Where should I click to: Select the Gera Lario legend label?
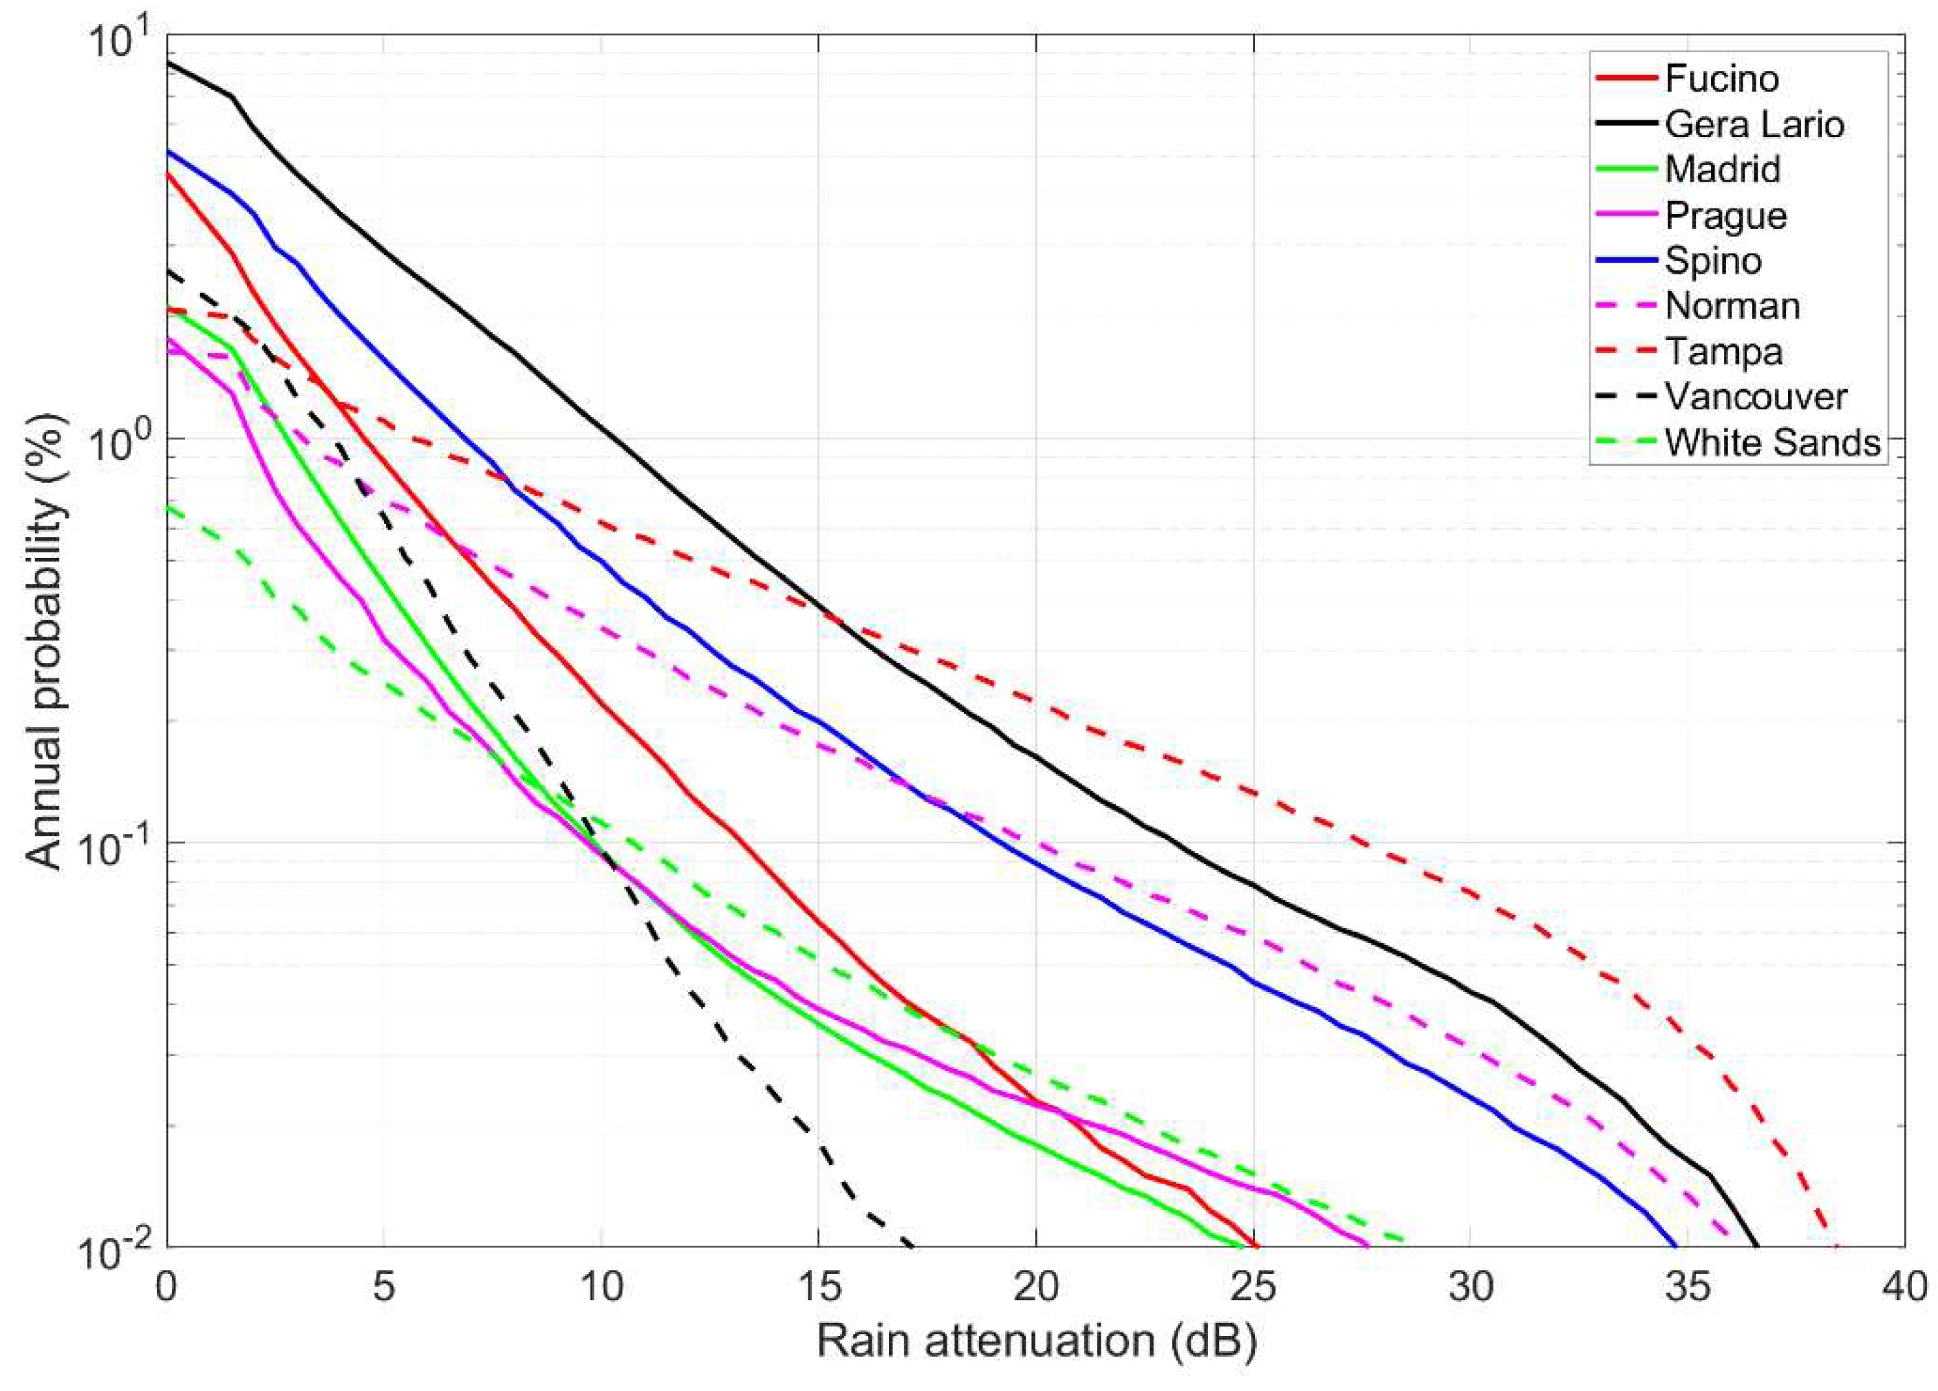pos(1754,125)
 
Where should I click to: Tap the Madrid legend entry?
pos(1722,169)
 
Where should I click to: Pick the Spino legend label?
pos(1712,261)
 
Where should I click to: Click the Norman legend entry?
pos(1732,306)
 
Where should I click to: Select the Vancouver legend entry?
pos(1756,398)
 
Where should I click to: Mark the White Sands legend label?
pos(1772,442)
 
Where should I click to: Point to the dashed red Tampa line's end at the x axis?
pos(1836,1245)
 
